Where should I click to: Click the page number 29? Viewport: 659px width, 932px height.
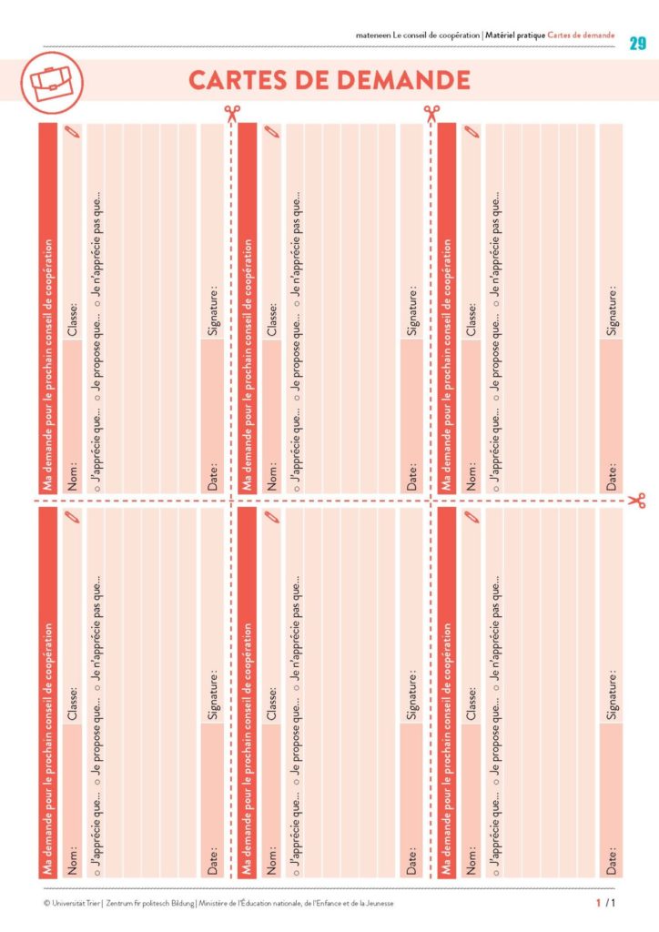coord(637,44)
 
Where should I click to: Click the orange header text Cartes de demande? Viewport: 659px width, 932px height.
coord(582,35)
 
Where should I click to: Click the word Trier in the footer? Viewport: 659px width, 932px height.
coord(94,903)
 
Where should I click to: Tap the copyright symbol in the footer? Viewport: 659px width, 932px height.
coord(46,903)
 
